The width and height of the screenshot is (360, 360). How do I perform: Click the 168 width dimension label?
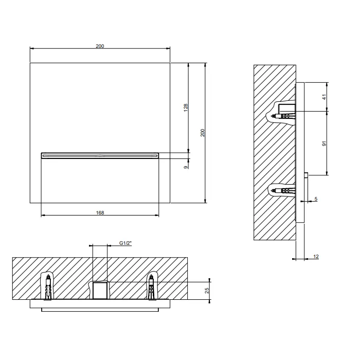(x=100, y=212)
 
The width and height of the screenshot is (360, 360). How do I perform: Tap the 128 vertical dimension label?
(x=186, y=107)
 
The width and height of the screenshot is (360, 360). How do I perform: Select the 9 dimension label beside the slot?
(x=186, y=167)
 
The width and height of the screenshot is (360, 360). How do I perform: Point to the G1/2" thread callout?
(x=125, y=243)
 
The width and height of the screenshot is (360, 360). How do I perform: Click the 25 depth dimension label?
(x=207, y=291)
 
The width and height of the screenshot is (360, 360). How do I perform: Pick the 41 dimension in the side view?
(x=324, y=97)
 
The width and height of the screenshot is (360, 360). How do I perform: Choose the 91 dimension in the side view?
(x=324, y=143)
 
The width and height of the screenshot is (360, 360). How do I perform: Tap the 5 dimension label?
(x=316, y=199)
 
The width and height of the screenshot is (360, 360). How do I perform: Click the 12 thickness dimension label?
(x=316, y=257)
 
